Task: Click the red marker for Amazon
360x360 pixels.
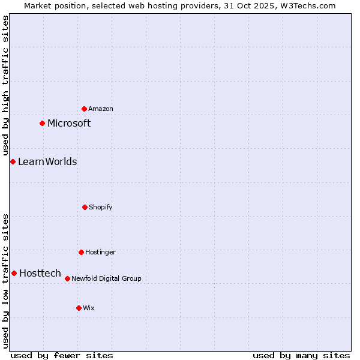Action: tap(84, 109)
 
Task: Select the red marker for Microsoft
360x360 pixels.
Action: tap(42, 123)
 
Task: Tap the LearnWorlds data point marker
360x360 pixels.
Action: tap(13, 161)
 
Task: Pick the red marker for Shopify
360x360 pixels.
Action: tap(85, 207)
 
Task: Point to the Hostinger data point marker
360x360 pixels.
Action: tap(81, 252)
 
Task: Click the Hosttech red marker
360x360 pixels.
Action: tap(14, 273)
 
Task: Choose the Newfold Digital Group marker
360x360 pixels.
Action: tap(67, 278)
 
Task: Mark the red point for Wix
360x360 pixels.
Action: tap(79, 308)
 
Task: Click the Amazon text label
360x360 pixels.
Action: tap(101, 109)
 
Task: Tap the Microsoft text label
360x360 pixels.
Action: tap(69, 123)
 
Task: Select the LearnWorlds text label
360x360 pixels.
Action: tap(47, 161)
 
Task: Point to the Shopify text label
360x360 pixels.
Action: tap(101, 207)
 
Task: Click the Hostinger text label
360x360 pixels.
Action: tap(100, 252)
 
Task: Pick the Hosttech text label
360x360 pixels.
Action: tap(40, 273)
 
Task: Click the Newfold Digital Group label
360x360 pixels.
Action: tap(106, 278)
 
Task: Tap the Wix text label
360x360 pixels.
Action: tap(89, 308)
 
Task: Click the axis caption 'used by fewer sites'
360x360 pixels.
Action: tap(62, 355)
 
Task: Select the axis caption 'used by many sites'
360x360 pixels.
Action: tap(301, 355)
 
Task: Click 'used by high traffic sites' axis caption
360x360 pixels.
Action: tap(5, 86)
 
